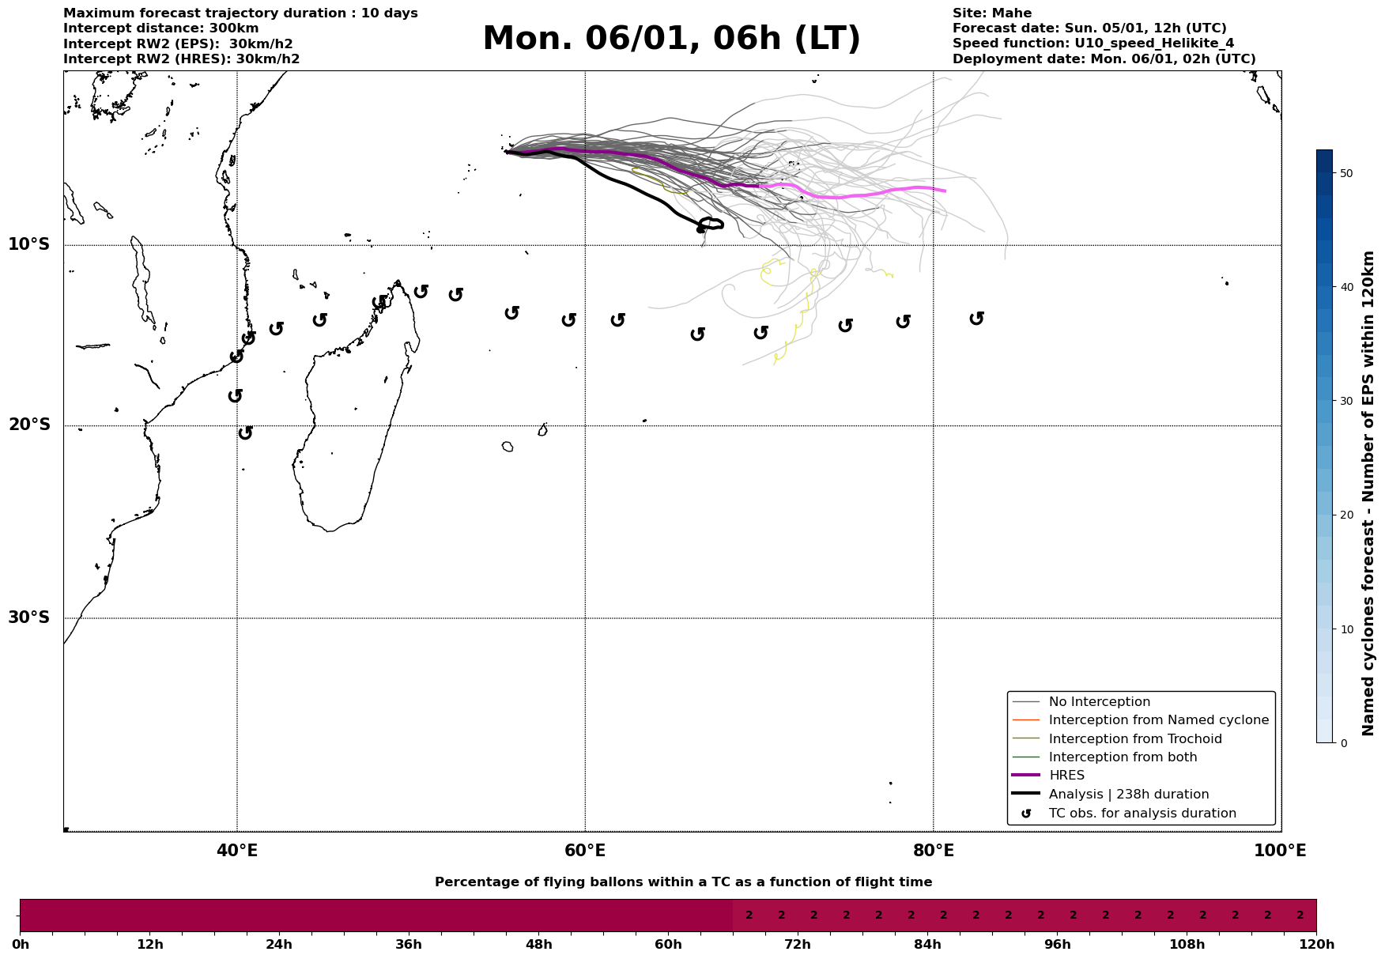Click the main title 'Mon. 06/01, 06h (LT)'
coord(671,39)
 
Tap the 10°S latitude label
coord(29,244)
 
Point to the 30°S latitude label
coord(29,617)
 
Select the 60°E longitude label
coord(585,851)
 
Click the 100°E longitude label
coord(1280,851)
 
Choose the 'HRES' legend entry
coord(1066,776)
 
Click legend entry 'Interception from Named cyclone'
coord(1158,720)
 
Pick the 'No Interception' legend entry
coord(1099,702)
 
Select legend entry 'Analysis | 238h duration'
coord(1128,795)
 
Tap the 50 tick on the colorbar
coord(1347,173)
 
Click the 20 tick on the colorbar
coord(1347,515)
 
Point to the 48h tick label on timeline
coord(538,945)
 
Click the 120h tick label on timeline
coord(1316,945)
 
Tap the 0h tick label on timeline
coord(20,945)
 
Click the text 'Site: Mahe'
coord(991,13)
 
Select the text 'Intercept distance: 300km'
coord(160,28)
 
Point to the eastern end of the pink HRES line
coord(945,191)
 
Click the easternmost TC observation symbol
coord(976,318)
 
